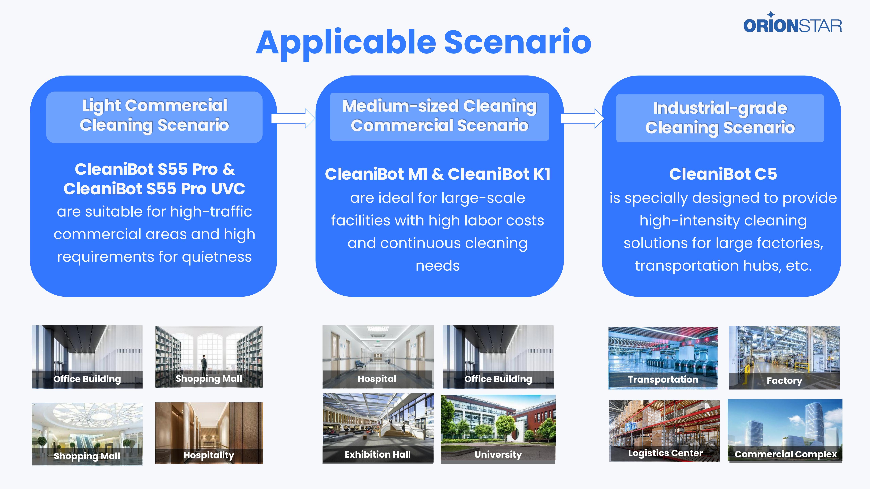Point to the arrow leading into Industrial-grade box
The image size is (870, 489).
point(582,119)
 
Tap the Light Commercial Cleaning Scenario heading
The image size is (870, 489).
point(154,115)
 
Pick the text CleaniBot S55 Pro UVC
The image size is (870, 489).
point(154,189)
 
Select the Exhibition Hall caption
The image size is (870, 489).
point(378,455)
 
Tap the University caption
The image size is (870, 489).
point(498,455)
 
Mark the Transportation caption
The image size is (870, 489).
point(663,379)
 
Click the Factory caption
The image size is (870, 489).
point(784,381)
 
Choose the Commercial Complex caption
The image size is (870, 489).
point(786,454)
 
